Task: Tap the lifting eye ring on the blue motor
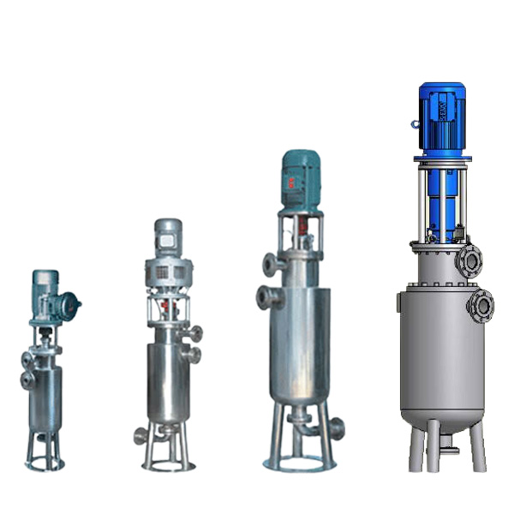point(415,124)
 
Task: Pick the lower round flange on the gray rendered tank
point(481,304)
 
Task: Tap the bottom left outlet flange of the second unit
point(139,436)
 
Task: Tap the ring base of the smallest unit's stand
point(44,466)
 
